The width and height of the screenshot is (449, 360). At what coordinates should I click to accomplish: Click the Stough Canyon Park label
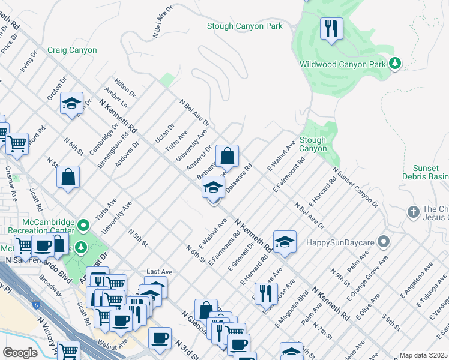click(244, 26)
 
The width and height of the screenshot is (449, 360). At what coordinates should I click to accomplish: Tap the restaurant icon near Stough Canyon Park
click(331, 28)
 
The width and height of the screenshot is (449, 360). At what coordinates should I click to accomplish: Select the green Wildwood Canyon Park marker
click(395, 63)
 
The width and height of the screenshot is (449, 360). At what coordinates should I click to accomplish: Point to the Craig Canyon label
click(72, 50)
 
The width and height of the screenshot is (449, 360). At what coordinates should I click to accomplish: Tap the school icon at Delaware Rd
click(212, 188)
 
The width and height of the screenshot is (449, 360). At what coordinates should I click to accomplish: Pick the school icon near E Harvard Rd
click(285, 242)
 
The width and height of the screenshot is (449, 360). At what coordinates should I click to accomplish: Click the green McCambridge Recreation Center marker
click(83, 226)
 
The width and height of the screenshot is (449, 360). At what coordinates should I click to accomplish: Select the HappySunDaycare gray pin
click(385, 242)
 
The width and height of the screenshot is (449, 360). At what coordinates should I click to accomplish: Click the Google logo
click(20, 353)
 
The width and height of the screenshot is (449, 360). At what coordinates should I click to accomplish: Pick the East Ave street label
click(159, 272)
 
